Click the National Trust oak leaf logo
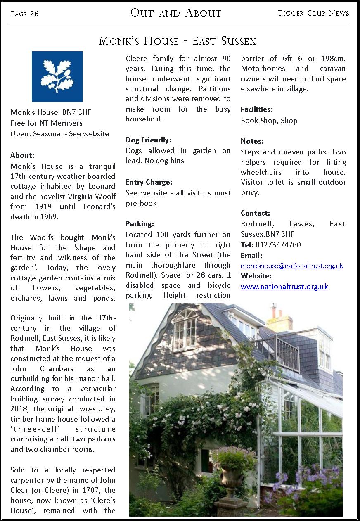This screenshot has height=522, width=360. pyautogui.click(x=57, y=76)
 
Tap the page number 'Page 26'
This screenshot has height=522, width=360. pyautogui.click(x=24, y=14)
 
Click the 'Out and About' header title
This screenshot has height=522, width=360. pyautogui.click(x=176, y=13)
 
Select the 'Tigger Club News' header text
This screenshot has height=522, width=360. pyautogui.click(x=313, y=13)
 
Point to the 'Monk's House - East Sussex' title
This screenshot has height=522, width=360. pyautogui.click(x=178, y=41)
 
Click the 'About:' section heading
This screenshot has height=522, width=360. pyautogui.click(x=22, y=155)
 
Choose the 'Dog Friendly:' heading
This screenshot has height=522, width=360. pyautogui.click(x=148, y=140)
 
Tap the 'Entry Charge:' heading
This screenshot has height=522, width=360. pyautogui.click(x=149, y=182)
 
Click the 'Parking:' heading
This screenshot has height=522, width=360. pyautogui.click(x=140, y=224)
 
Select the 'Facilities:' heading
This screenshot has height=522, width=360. pyautogui.click(x=257, y=109)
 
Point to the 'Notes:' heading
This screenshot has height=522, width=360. pyautogui.click(x=252, y=141)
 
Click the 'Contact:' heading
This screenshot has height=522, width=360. pyautogui.click(x=255, y=213)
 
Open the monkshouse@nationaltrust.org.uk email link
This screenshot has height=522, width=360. pyautogui.click(x=292, y=266)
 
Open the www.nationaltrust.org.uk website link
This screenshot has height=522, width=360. pyautogui.click(x=284, y=287)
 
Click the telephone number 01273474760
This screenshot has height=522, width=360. pyautogui.click(x=278, y=245)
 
